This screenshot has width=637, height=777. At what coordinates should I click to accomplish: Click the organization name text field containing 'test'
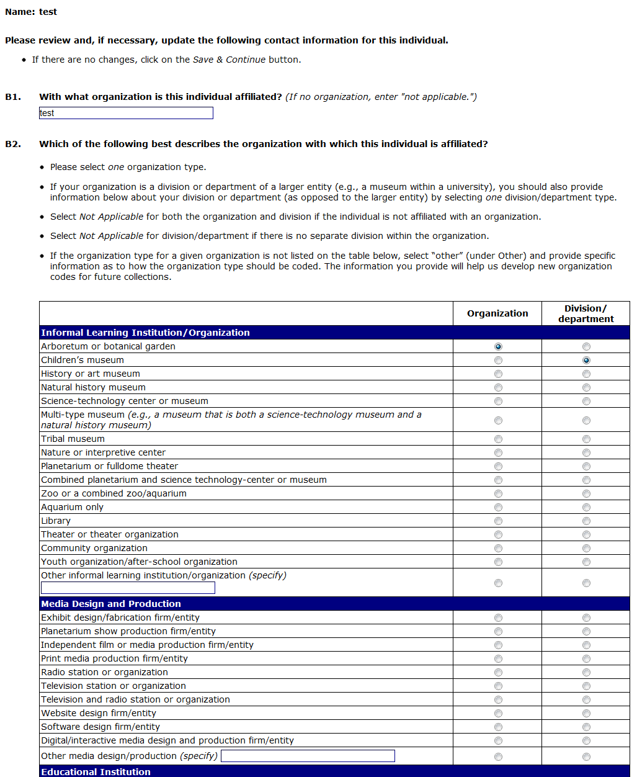[126, 113]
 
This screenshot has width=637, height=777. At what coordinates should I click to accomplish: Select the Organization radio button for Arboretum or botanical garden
[498, 346]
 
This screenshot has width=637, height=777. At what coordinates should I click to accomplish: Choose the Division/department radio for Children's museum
[586, 360]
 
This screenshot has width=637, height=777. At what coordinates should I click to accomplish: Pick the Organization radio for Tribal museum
[498, 439]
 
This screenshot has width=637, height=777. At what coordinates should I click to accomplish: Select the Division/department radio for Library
[586, 521]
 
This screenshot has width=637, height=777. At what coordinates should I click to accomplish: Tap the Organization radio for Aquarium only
[498, 507]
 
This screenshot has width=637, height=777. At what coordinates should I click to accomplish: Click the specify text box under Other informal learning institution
[128, 588]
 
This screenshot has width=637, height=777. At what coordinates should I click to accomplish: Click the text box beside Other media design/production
[308, 756]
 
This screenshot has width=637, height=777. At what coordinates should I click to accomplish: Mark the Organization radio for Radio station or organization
[498, 672]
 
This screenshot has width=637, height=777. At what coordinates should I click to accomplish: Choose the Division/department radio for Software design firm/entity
[586, 727]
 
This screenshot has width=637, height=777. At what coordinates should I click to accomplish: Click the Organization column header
[497, 313]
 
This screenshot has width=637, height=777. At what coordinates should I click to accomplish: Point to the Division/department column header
[586, 313]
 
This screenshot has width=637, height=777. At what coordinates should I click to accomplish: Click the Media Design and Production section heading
[111, 604]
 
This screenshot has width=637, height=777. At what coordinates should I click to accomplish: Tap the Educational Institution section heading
[96, 772]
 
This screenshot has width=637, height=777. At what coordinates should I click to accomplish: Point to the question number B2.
[13, 144]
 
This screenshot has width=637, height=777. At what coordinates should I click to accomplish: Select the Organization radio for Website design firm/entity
[498, 713]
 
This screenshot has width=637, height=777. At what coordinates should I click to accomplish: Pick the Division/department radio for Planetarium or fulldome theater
[586, 466]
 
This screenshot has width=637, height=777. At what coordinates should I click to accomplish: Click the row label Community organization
[94, 548]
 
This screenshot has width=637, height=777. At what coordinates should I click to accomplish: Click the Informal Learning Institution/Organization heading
[146, 333]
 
